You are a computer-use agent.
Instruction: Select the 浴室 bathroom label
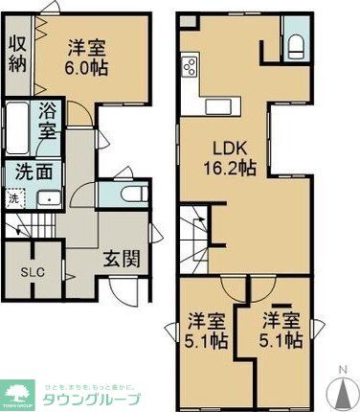tap(49, 122)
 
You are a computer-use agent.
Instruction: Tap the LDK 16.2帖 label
tap(233, 157)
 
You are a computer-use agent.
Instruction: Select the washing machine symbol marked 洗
tap(13, 199)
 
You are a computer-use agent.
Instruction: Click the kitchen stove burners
tap(190, 67)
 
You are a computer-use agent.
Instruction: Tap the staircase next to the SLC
tap(32, 229)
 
